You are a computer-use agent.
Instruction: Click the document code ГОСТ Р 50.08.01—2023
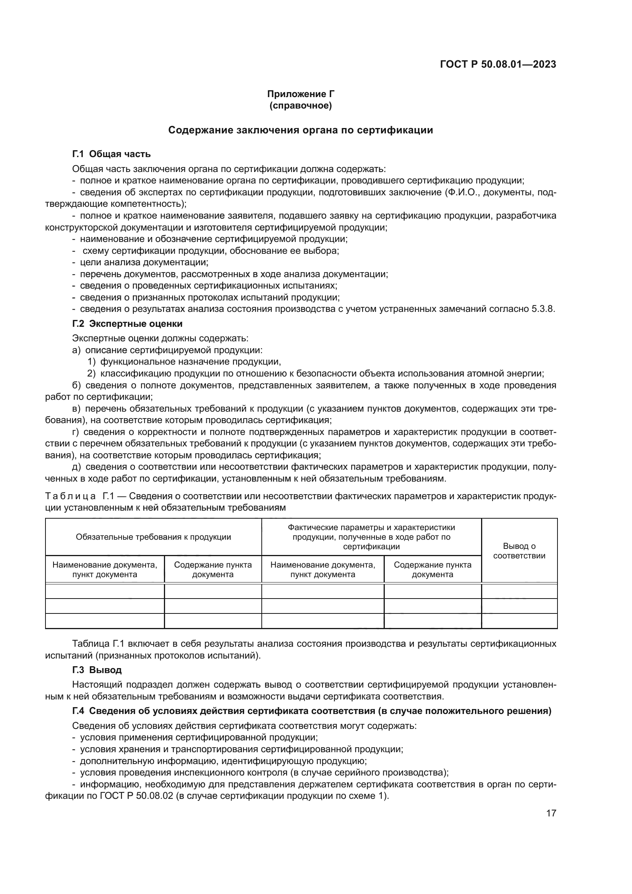498,64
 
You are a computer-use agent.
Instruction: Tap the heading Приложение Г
300,94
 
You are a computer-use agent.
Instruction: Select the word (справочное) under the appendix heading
300,105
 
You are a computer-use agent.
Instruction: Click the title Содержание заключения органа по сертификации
300,130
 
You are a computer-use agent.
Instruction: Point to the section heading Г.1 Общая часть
111,154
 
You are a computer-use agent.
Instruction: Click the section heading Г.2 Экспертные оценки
127,324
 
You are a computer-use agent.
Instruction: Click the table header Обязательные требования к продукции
153,537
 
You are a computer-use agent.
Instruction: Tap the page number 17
551,813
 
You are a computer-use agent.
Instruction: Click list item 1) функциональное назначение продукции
184,362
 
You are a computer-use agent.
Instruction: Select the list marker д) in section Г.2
76,467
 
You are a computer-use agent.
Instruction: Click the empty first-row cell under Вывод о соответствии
519,591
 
